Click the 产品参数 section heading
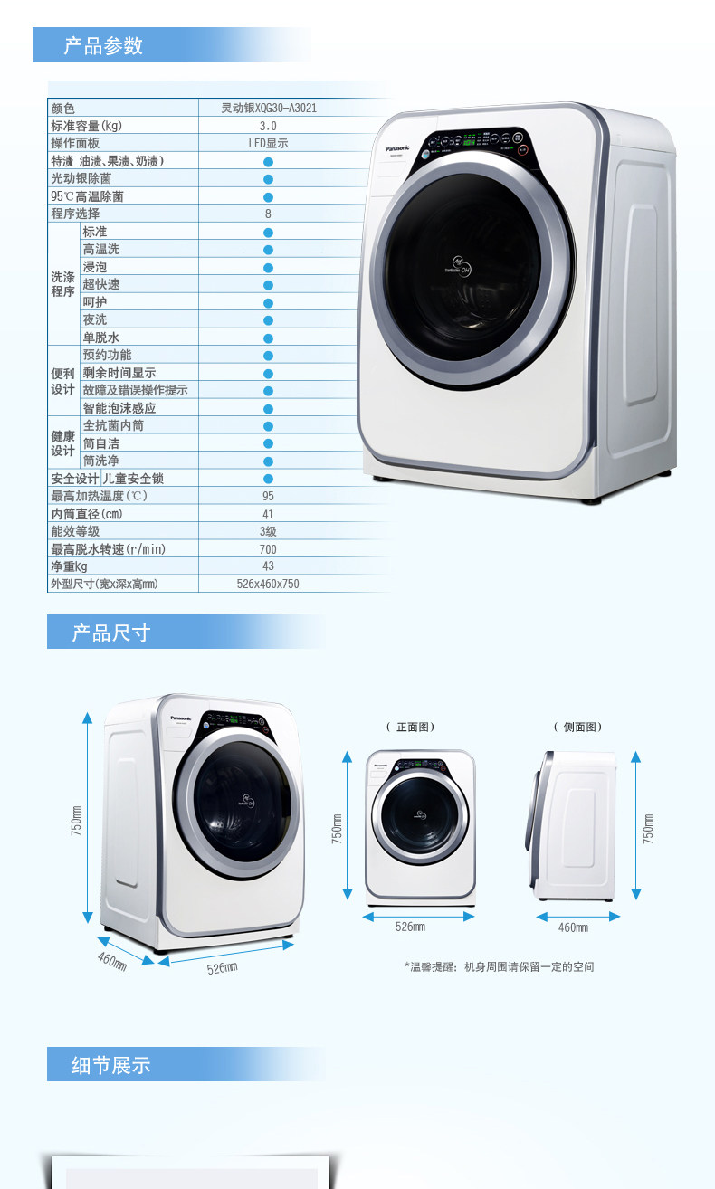pos(103,45)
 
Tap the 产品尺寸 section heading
pos(110,633)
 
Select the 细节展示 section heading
pos(110,1065)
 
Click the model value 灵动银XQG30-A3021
pos(269,108)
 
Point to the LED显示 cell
pos(268,143)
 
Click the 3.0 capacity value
pos(268,126)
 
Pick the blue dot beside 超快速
pos(268,284)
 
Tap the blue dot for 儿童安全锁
pos(268,479)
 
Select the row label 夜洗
pos(95,319)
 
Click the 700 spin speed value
pos(268,549)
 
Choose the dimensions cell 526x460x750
pos(268,585)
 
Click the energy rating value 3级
pos(268,531)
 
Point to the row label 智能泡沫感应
pos(119,408)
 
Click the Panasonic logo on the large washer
pos(397,147)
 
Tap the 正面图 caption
pos(411,727)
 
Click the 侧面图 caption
pos(577,727)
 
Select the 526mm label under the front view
pos(410,927)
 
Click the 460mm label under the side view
pos(573,927)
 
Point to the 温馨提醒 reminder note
pos(499,966)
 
